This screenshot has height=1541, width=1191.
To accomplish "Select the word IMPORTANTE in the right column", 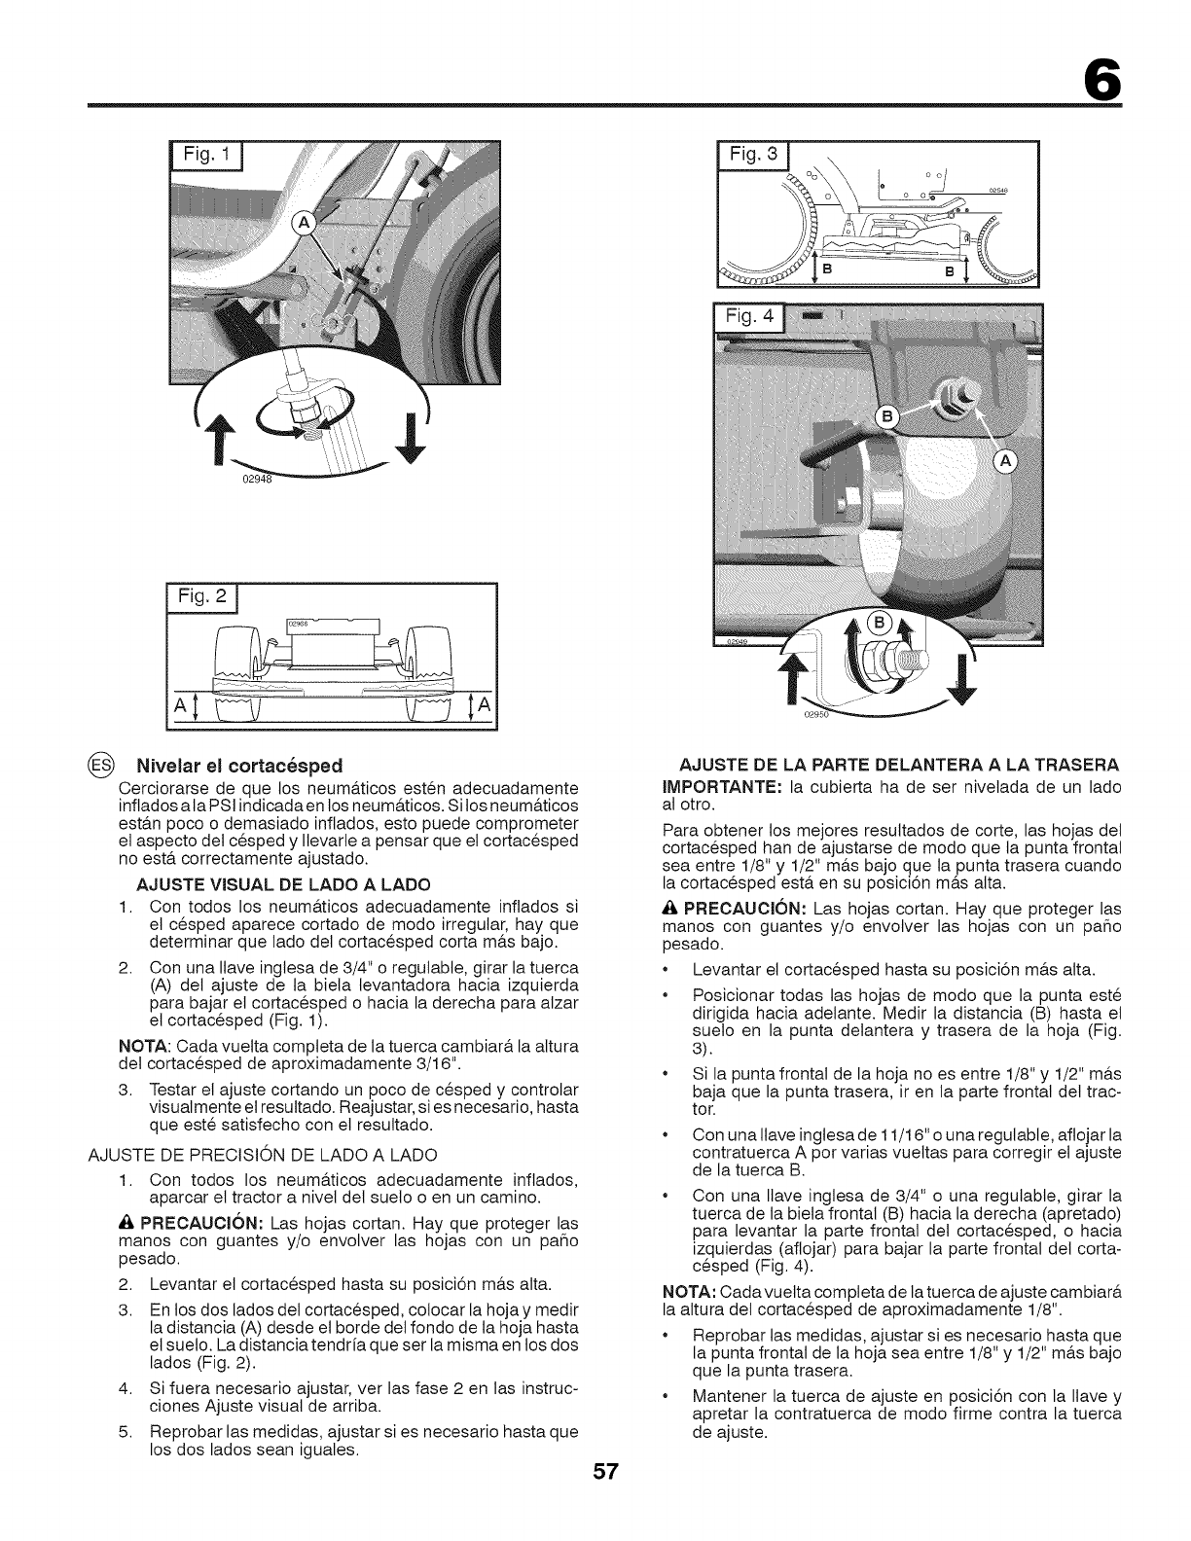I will point(694,786).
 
